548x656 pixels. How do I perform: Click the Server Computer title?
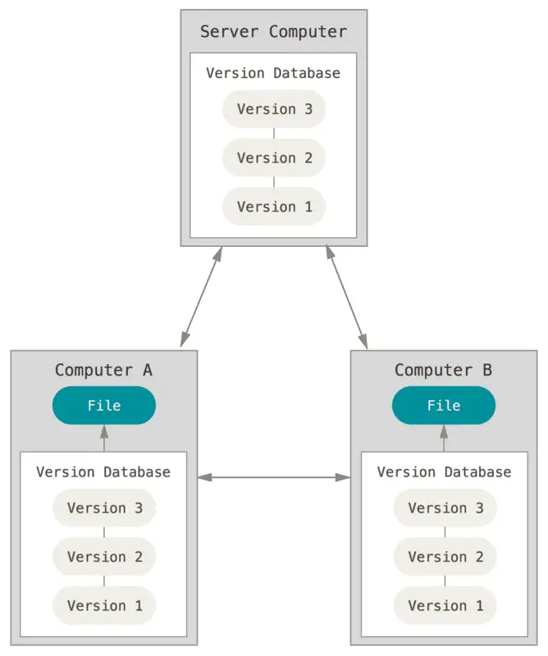tap(273, 32)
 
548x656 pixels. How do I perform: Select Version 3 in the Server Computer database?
tap(274, 109)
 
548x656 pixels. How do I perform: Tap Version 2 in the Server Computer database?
tap(274, 157)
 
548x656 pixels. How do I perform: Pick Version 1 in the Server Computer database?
tap(274, 207)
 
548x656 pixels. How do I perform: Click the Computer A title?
tap(103, 371)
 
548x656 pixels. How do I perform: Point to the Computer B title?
tap(443, 371)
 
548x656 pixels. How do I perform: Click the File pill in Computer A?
tap(104, 405)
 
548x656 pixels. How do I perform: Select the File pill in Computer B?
tap(444, 405)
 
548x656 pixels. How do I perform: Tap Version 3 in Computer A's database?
tap(104, 508)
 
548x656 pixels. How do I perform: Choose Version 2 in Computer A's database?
tap(104, 557)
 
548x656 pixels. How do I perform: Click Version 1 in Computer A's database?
tap(104, 605)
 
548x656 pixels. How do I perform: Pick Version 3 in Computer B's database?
tap(445, 508)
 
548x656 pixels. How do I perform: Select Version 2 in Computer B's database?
tap(445, 557)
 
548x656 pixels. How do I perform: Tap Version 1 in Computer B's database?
tap(445, 605)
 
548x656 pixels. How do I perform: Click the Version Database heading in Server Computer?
tap(273, 73)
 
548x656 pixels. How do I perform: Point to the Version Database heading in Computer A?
tap(103, 472)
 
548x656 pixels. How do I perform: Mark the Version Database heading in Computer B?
tap(444, 472)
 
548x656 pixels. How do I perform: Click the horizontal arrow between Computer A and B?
tap(274, 477)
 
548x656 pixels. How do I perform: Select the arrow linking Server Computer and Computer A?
tap(201, 297)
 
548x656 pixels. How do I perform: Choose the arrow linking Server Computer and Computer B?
tap(347, 297)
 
